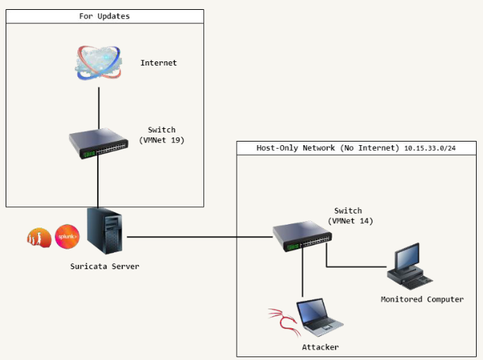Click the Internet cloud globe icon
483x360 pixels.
coord(99,62)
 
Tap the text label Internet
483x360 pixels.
coord(158,63)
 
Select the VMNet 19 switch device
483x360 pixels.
coord(99,143)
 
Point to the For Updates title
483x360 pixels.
coord(104,15)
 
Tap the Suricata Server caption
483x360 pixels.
coord(104,266)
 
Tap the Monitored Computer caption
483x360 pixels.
coord(422,299)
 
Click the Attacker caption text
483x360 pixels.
coord(320,347)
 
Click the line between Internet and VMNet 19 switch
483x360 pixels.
coord(99,106)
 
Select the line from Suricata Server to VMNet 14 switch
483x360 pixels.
coord(197,237)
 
